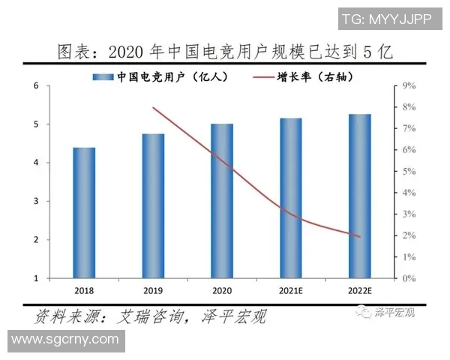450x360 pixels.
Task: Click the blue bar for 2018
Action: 84,213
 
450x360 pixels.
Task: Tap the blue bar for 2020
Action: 221,201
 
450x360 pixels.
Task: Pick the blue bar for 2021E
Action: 290,198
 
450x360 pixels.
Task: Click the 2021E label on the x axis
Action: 290,289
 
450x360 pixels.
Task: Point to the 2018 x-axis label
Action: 84,289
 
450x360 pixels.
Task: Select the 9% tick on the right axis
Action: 409,86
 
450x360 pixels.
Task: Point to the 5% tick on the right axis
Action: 409,172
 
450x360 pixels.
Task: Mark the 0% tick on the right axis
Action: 409,278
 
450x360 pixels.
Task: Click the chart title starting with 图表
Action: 225,52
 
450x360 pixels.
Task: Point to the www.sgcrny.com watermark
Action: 65,340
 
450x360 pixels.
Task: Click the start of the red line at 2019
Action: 153,108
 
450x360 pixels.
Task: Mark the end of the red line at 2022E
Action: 360,237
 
